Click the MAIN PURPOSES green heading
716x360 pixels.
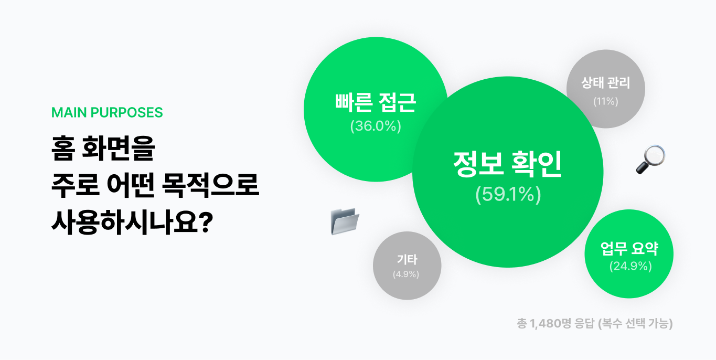(x=107, y=113)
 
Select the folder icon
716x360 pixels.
(x=345, y=220)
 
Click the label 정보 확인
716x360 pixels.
(x=507, y=164)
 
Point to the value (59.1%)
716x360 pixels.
(x=507, y=195)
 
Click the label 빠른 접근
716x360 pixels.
(x=375, y=103)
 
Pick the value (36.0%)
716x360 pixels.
(x=375, y=126)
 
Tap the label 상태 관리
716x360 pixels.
(x=605, y=83)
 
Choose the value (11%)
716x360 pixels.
(x=605, y=102)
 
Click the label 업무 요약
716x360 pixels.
(x=629, y=249)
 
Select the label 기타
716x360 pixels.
(x=407, y=260)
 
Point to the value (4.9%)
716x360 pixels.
(x=406, y=274)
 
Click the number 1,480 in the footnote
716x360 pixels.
(x=546, y=324)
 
